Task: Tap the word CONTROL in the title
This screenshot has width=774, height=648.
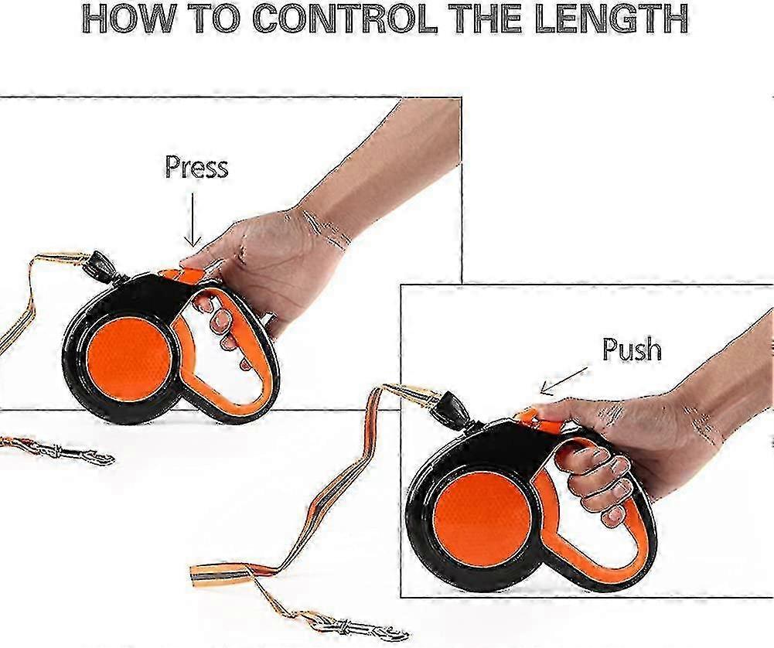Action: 345,20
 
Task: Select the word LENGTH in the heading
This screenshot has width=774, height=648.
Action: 611,20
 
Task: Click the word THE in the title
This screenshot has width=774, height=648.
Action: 486,20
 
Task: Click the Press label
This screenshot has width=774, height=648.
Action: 196,167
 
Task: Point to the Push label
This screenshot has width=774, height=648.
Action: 632,350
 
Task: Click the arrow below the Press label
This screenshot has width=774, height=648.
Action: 193,219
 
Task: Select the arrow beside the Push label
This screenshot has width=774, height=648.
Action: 564,380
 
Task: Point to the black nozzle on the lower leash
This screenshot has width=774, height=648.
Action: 455,404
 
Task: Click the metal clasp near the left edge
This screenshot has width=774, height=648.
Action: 75,452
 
